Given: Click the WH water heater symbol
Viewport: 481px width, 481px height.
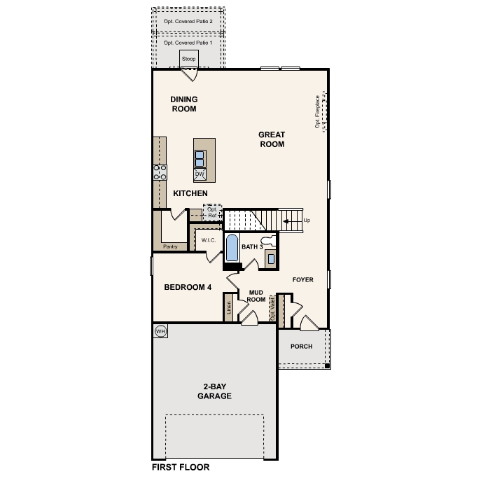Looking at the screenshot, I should point(160,331).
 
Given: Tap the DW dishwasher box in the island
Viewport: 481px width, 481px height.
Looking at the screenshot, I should point(200,174).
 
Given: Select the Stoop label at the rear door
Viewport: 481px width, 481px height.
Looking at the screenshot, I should point(188,59).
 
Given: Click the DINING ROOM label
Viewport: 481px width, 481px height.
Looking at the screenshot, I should point(183,104).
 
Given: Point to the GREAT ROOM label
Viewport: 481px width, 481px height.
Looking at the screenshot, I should point(272,139).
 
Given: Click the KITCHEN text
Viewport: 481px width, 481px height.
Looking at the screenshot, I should point(190,193).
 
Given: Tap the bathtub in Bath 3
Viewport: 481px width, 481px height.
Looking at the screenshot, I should point(232,249).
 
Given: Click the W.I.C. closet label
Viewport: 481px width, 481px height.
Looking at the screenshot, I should point(208,240).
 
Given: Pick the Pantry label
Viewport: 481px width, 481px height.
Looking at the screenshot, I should point(169,246).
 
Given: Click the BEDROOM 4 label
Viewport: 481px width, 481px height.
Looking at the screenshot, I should point(188,287).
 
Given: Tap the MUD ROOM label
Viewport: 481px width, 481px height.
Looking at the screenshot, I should point(256,295).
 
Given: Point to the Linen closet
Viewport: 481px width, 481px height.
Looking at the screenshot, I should point(228,308).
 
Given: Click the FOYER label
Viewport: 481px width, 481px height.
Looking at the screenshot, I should point(302,280).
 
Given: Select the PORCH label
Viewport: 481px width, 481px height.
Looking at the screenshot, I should point(302,347).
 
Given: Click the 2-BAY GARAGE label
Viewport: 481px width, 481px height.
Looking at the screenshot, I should point(214,391).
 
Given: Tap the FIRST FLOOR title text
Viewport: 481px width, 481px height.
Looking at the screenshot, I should point(181,466).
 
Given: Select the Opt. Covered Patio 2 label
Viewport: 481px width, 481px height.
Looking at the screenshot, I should point(188,22).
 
